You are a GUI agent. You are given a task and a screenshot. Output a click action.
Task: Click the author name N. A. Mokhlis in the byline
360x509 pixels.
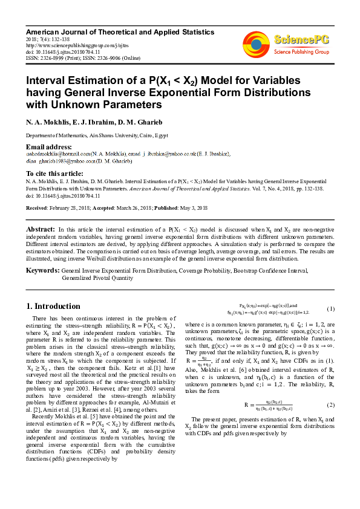click(45, 123)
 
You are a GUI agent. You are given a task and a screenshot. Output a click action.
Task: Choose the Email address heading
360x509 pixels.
click(48, 147)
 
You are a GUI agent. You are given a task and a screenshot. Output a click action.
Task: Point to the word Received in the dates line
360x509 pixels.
click(36, 207)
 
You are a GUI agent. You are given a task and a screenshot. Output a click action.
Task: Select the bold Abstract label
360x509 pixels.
click(40, 230)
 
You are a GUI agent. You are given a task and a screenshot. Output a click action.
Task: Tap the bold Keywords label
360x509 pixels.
click(42, 270)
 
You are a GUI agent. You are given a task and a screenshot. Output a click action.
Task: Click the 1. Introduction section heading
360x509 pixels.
click(54, 306)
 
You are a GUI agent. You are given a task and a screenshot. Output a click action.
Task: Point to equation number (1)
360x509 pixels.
click(330, 309)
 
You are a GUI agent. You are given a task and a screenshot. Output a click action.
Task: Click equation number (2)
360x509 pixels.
click(330, 404)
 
